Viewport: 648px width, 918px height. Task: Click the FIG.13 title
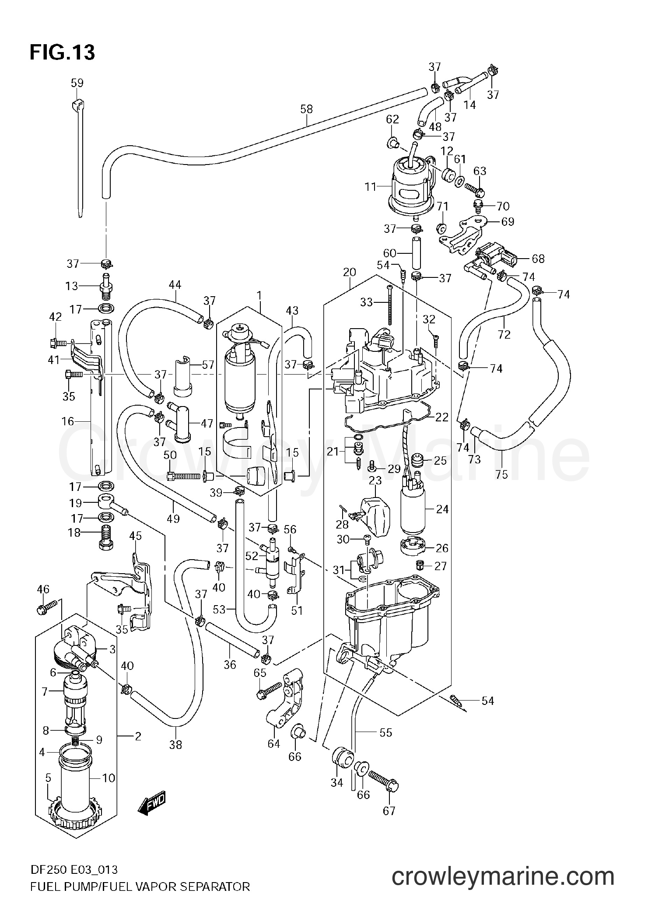[62, 53]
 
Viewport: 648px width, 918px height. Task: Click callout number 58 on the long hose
[307, 109]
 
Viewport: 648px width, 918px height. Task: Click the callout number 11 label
[371, 188]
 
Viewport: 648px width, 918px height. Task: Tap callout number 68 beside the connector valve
[538, 259]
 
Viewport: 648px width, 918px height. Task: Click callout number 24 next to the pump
[442, 509]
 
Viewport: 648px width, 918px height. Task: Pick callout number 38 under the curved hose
[175, 745]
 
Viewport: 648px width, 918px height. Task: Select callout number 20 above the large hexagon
[350, 272]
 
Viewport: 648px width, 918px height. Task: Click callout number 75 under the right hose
[502, 474]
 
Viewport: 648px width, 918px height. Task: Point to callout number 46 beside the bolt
[43, 589]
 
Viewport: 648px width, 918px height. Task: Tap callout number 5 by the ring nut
[48, 778]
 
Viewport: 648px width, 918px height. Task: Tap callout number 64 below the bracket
[273, 743]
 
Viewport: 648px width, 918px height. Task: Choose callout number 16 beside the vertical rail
[68, 421]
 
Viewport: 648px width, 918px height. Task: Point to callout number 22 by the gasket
[442, 417]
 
